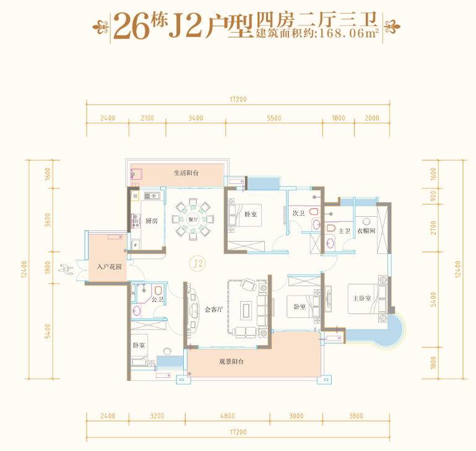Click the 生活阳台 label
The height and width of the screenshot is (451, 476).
[186, 173]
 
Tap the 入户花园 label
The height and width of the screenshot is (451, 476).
[110, 267]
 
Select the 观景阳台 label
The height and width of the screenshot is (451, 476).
[232, 362]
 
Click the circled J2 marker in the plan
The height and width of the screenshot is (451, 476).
[197, 263]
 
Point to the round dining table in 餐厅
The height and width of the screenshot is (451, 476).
[193, 219]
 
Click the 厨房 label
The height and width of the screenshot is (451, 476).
[152, 221]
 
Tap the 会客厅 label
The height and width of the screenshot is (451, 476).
[214, 310]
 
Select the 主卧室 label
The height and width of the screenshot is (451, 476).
[362, 299]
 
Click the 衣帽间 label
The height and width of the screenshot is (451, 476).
[366, 231]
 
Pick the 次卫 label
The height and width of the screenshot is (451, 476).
[298, 213]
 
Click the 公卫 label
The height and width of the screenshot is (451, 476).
[158, 300]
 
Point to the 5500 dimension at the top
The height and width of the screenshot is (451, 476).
[274, 118]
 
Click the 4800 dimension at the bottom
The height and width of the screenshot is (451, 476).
[227, 416]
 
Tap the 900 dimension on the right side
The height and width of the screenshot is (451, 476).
[433, 196]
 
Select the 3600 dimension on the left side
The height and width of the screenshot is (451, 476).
[48, 220]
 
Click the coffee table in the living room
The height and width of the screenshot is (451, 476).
[246, 310]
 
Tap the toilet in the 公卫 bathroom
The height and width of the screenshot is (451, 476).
[158, 291]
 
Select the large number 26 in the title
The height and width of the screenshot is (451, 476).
[132, 27]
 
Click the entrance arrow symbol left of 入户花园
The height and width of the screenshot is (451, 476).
[66, 269]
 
